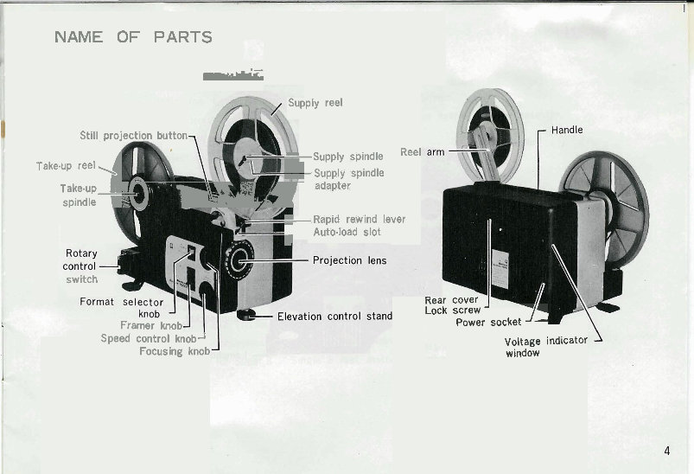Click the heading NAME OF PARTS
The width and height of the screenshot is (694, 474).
point(133,37)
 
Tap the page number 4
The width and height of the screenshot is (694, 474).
point(667,450)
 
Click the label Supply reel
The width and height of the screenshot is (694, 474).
point(315,103)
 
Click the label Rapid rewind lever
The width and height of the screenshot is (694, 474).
point(359,220)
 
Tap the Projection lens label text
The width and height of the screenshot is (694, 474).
point(349,260)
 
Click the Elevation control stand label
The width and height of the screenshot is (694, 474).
point(334,317)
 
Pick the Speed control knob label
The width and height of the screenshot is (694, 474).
point(149,339)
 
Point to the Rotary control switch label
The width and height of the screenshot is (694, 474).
point(81,266)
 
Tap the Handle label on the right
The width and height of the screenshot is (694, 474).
point(567,131)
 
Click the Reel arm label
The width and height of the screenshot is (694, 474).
point(423,152)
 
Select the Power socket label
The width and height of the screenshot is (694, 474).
point(488,323)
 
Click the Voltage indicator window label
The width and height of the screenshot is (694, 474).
point(545,346)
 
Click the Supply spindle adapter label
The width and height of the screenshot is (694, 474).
point(348,179)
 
